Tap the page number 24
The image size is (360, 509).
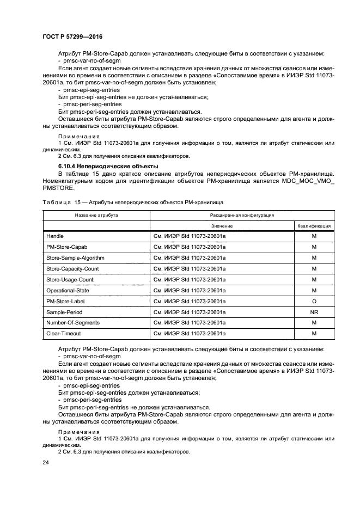(x=46, y=463)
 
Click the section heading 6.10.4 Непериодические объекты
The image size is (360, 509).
(x=96, y=165)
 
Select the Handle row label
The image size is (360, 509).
(x=55, y=236)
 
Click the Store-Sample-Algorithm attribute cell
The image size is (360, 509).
(x=75, y=257)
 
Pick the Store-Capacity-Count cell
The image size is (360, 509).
(x=72, y=268)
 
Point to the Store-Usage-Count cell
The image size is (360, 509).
(x=70, y=279)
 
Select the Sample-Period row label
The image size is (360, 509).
(x=63, y=312)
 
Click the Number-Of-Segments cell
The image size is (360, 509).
(x=72, y=323)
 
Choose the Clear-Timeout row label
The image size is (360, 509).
(x=63, y=334)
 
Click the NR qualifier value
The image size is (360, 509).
(x=314, y=312)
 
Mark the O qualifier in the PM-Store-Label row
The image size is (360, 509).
(x=314, y=301)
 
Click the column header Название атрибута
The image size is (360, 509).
(x=96, y=215)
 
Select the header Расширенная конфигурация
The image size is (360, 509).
(x=242, y=215)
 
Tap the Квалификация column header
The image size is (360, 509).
(x=314, y=225)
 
